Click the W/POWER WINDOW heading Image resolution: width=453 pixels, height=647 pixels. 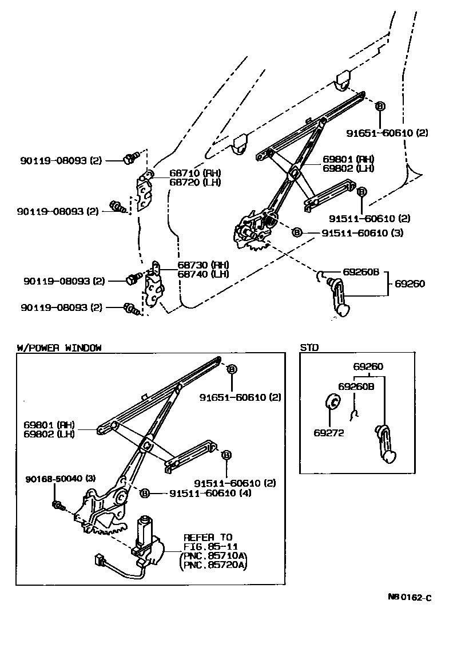coord(59,348)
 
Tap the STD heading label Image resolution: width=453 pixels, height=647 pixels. coord(309,348)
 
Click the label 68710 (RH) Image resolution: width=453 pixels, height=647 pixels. coord(186,173)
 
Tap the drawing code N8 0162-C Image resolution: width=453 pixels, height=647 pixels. coord(409,598)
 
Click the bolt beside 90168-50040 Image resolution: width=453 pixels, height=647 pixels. coord(58,505)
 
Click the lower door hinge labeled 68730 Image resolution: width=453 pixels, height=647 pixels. coord(153,286)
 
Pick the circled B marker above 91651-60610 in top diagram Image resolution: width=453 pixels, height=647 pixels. coord(380,106)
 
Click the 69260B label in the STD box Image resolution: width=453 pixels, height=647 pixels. coord(356,386)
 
